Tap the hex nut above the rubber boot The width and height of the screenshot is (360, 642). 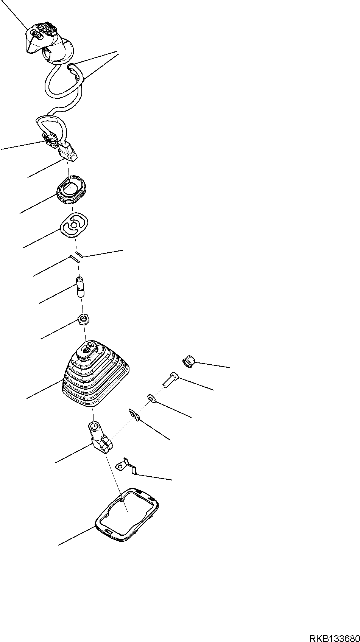(x=83, y=320)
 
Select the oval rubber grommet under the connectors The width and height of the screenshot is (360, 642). (x=71, y=189)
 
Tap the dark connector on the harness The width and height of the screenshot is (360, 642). (x=50, y=140)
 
